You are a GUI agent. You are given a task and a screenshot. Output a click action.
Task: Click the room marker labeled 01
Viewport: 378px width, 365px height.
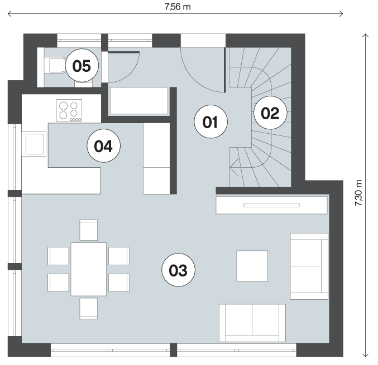coord(210,121)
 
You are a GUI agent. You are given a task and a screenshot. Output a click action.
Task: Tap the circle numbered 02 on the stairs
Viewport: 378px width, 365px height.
coord(270,113)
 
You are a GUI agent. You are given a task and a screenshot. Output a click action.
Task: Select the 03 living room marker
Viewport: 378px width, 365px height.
coord(178,270)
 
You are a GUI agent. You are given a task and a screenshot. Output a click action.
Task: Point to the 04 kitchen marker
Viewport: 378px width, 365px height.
coord(103,145)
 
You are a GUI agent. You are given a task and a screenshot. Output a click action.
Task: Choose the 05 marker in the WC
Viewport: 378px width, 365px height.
coord(82,65)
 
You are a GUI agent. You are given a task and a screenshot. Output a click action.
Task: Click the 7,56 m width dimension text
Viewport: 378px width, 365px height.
coord(178,7)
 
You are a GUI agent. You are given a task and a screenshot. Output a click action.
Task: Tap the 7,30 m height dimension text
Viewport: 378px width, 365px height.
coord(358,193)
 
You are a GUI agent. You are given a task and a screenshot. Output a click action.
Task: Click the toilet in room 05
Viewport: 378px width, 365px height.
coord(56,65)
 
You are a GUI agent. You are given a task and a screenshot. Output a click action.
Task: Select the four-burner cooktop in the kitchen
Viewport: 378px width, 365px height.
coord(69,110)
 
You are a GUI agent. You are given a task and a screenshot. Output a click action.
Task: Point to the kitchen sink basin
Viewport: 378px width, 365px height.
coord(35,144)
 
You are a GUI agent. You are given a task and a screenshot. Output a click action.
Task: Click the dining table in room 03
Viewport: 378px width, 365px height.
coord(88,269)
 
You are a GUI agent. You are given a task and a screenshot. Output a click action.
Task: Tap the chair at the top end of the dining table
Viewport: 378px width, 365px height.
coord(88,230)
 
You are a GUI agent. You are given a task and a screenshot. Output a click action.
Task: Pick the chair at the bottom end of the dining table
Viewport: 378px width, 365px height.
coord(88,309)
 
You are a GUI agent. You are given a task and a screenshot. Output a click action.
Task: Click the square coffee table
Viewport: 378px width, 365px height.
coord(252,266)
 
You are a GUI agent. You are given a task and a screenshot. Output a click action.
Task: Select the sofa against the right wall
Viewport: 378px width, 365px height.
coord(309,266)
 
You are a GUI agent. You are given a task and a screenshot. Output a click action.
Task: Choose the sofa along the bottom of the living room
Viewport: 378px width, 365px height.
coord(252,323)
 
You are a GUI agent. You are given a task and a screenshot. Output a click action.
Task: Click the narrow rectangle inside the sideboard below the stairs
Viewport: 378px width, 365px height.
coord(271,205)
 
